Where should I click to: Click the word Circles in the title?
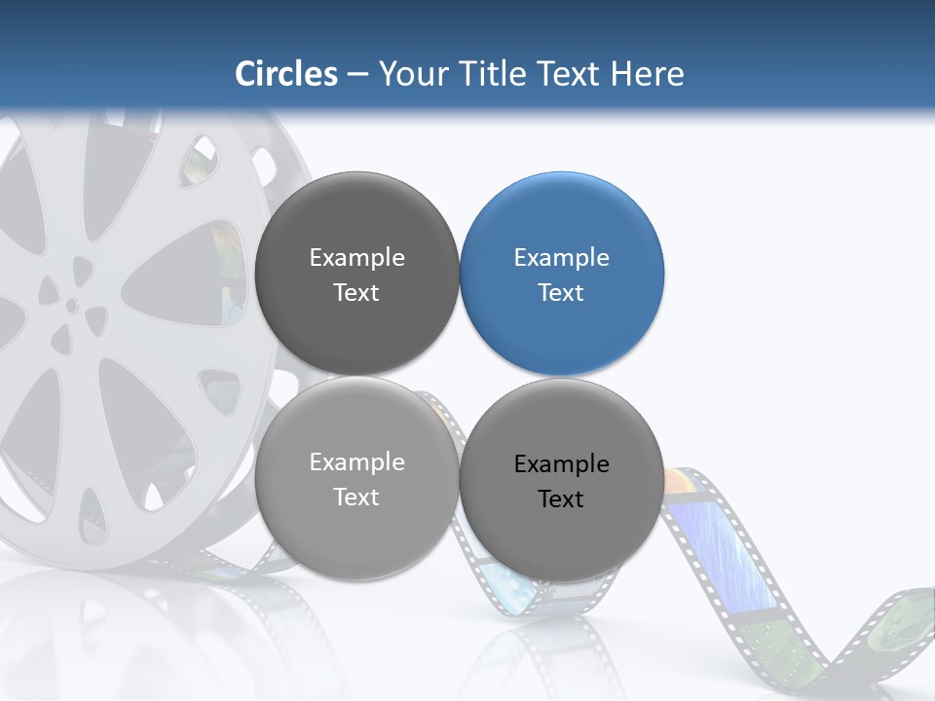[286, 74]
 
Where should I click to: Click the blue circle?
[561, 274]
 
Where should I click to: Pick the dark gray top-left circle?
[356, 274]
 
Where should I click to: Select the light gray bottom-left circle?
[356, 478]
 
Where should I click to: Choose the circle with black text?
[561, 480]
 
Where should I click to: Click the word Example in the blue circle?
[561, 258]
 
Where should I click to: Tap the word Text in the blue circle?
[561, 293]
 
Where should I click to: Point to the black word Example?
[561, 464]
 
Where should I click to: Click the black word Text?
[561, 499]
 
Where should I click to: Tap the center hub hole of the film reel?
[72, 305]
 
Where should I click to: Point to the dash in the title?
[357, 74]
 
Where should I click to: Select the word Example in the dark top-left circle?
[356, 258]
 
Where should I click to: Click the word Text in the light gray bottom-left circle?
[356, 498]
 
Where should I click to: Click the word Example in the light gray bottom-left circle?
[356, 462]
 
